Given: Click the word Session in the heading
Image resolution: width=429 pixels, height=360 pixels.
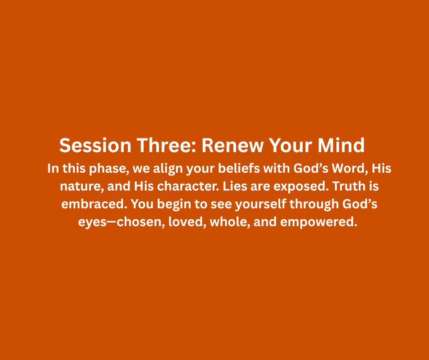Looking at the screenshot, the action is coord(95,145).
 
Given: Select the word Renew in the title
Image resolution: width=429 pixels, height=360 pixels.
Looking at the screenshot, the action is coord(232,145).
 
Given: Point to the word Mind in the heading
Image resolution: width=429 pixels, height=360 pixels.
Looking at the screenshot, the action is coord(341,145).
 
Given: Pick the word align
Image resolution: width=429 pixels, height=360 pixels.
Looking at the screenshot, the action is coord(167,169).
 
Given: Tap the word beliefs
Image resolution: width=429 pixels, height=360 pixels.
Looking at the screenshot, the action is coord(239,168).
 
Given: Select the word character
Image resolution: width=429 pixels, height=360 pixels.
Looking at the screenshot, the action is coord(188,186).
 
